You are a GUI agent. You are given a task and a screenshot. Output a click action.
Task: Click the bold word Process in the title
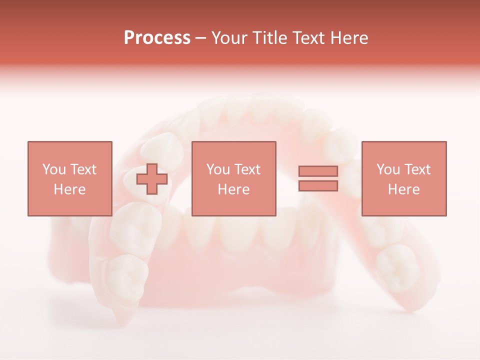coord(157,38)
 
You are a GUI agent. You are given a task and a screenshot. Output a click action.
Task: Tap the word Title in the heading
coord(270,38)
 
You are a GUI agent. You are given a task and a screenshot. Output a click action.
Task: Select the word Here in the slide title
coord(348,38)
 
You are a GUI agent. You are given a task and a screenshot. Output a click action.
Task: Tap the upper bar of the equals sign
coord(318,171)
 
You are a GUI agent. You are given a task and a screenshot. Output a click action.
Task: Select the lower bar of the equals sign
coord(318,186)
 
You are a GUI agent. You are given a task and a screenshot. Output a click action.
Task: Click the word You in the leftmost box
coord(54,169)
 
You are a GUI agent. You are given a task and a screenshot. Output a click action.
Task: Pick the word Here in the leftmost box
coord(69,189)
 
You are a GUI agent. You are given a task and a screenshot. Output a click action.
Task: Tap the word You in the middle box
coord(218,169)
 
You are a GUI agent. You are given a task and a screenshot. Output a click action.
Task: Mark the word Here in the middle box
coord(233,189)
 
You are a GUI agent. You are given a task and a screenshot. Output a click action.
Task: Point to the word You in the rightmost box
coord(388,169)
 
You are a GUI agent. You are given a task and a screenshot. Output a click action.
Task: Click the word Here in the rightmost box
coord(403,189)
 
